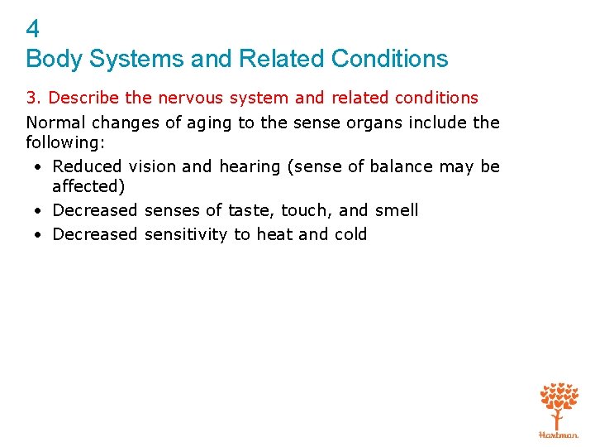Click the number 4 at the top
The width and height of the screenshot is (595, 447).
pos(32,30)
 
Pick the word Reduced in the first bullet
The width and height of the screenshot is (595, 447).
pos(84,166)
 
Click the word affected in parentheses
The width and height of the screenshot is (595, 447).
pos(88,187)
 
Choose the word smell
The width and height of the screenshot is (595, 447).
pos(397,210)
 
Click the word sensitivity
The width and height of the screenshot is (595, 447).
pos(187,234)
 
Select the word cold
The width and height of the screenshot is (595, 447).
pos(350,234)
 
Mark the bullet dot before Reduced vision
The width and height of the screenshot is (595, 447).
pos(39,167)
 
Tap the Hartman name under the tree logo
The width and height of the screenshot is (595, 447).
pos(559,434)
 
